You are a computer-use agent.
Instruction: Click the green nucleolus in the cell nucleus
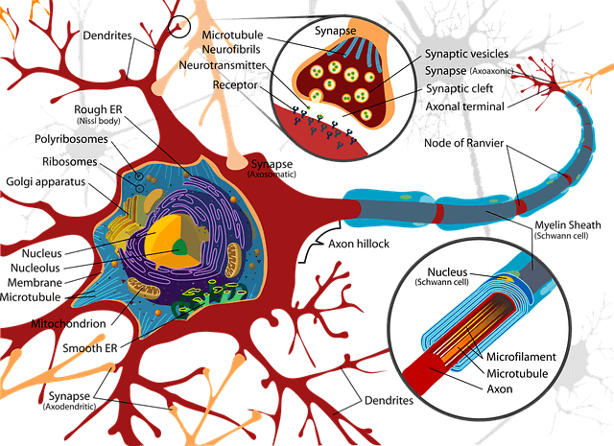click(180, 247)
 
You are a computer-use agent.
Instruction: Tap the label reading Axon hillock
click(359, 244)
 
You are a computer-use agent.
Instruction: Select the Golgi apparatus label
click(46, 182)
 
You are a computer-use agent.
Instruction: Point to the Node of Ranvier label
click(464, 143)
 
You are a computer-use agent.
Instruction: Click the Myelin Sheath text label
click(568, 224)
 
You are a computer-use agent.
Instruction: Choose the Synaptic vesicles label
click(467, 54)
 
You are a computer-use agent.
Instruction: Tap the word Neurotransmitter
click(223, 65)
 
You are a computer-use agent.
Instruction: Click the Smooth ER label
click(90, 348)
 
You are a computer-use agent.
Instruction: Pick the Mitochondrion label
click(68, 324)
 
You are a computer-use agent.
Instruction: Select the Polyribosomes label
click(71, 139)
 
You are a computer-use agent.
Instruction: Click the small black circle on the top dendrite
click(179, 27)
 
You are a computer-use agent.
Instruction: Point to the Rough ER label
click(98, 109)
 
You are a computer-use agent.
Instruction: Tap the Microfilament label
click(521, 357)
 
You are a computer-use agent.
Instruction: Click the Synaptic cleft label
click(460, 88)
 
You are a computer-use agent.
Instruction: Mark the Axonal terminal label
click(464, 106)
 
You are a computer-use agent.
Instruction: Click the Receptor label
click(235, 85)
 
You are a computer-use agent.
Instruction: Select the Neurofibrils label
click(231, 49)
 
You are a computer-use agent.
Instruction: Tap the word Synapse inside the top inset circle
click(336, 31)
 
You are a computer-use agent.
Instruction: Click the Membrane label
click(35, 282)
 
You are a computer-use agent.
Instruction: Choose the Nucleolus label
click(35, 268)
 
